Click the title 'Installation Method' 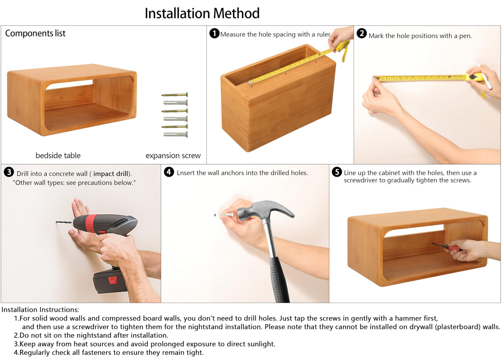tap(202, 13)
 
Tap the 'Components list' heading tap(35, 33)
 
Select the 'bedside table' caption tap(58, 156)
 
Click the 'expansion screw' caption tap(173, 156)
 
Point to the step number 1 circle tap(214, 33)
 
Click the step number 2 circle tap(362, 33)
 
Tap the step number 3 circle tap(9, 172)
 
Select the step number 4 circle tap(169, 172)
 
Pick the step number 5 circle tap(337, 172)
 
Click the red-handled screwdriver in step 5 tap(445, 246)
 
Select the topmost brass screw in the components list tap(175, 95)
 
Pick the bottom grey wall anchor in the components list tap(175, 135)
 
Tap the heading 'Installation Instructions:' tap(40, 310)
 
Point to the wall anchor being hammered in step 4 tap(226, 215)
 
